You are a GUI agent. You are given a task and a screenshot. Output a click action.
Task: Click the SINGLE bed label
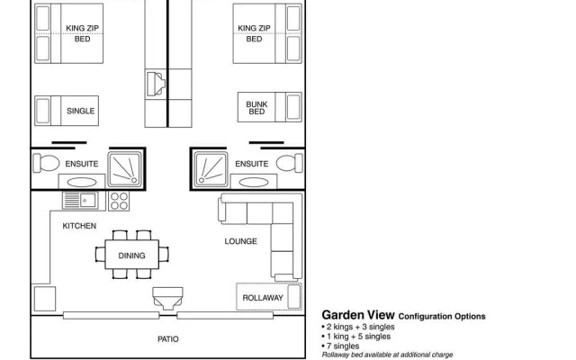coord(80,111)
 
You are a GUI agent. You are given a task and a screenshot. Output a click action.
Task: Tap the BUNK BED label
coord(256,108)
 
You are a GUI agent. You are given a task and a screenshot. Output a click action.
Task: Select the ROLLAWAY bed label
coord(263,298)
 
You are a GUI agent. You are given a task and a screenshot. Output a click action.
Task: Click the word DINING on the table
coord(131,256)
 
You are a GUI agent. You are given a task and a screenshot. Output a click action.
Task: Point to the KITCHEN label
coord(79,226)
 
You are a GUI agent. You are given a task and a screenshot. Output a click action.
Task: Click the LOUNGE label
coord(240,241)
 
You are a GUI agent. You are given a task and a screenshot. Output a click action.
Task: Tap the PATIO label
coord(168,339)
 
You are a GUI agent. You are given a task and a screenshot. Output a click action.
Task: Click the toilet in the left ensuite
coord(46,163)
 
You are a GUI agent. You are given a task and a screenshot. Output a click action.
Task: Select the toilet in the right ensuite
coord(290,163)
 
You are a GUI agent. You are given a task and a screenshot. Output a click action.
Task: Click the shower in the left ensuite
coord(125,169)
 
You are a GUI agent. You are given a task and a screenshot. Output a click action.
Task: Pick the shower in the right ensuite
coord(211,169)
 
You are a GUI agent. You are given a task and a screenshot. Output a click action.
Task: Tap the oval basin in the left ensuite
coord(82,182)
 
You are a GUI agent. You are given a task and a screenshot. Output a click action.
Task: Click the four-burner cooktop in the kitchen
coord(119,201)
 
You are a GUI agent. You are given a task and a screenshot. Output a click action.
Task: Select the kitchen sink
coord(80,201)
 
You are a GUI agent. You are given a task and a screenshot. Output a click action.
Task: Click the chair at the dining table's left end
coord(100,254)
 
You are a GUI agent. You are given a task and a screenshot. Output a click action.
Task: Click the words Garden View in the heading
coord(358,315)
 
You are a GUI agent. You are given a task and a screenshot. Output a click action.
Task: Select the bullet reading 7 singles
coord(340,346)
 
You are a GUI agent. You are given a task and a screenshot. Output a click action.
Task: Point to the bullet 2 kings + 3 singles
coord(358,327)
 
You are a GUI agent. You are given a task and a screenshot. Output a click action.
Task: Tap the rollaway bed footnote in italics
coord(387,355)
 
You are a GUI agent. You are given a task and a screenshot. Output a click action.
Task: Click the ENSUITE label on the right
coord(252,164)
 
